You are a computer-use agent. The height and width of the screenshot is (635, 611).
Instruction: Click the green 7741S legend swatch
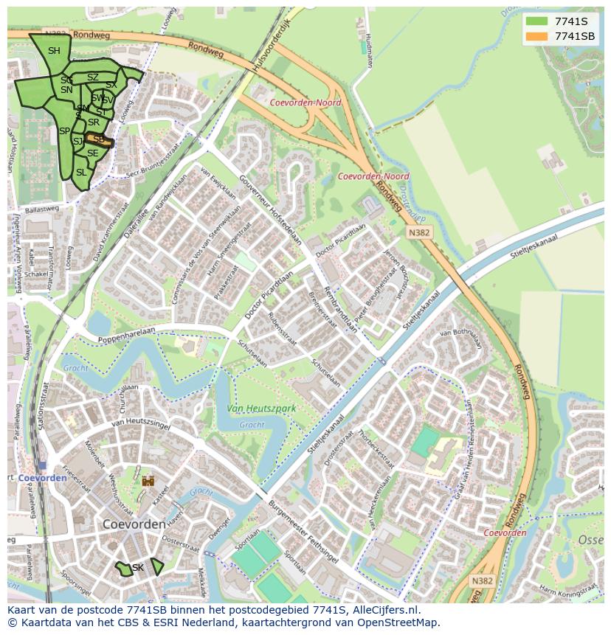(536, 21)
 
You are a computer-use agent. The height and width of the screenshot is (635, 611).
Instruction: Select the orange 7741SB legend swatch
(536, 36)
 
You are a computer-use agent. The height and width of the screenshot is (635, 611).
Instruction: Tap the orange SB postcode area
(98, 139)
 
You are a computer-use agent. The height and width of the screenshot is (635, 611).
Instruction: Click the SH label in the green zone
(54, 51)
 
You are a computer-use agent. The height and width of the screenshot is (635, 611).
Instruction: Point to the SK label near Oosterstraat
(138, 567)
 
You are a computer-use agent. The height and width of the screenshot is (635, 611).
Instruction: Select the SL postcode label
(81, 172)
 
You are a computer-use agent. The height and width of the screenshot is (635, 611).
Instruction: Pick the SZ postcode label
(92, 77)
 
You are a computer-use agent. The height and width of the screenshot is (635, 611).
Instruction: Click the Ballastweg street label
(41, 209)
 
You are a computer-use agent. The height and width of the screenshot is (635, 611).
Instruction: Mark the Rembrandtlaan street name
(342, 309)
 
